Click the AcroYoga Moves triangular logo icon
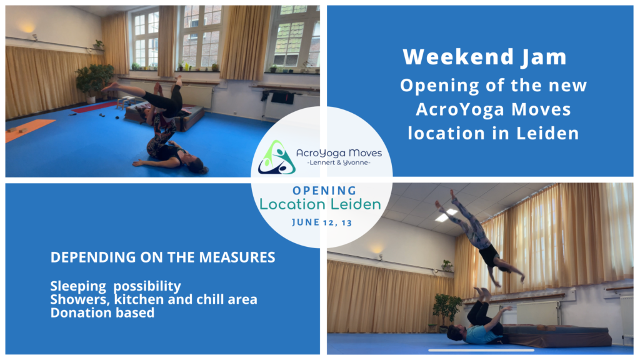point(276,157)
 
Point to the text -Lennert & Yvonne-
point(338,162)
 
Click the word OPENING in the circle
point(324,191)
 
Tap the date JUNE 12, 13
point(322,222)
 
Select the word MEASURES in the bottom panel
point(237,257)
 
